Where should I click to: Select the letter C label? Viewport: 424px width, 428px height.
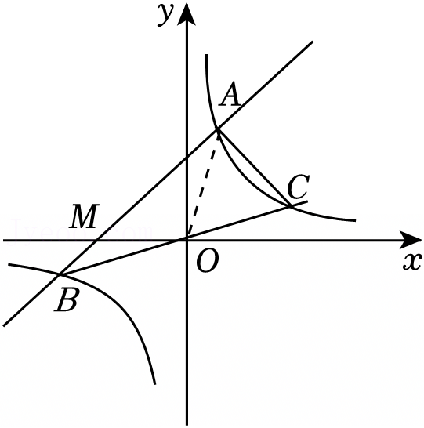[x=299, y=187]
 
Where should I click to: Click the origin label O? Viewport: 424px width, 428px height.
[x=208, y=261]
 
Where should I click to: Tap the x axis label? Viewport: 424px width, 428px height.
[x=412, y=262]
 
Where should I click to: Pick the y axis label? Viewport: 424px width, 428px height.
[x=165, y=15]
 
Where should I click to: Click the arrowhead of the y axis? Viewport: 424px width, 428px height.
[x=187, y=14]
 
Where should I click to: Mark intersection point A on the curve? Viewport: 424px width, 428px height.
[x=217, y=129]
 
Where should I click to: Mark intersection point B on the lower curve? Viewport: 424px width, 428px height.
[x=60, y=274]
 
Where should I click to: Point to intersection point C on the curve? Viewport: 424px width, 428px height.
[x=290, y=206]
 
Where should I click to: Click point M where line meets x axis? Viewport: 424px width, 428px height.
[x=96, y=240]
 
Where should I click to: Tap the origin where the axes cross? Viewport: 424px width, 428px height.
[x=187, y=240]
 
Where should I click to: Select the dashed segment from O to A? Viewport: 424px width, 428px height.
[x=202, y=184]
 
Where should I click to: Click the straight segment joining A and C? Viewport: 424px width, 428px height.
[x=254, y=167]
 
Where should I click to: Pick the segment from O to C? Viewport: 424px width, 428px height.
[x=238, y=223]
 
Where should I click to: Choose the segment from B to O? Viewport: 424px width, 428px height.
[x=123, y=257]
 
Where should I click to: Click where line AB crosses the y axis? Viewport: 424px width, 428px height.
[x=187, y=158]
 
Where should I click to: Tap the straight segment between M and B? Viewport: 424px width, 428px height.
[x=78, y=257]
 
